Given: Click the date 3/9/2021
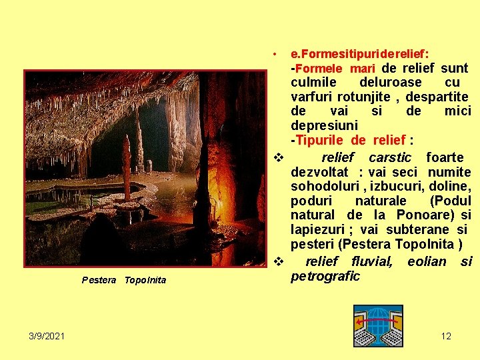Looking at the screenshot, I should tap(47, 336).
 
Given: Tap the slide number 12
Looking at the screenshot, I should tap(446, 336).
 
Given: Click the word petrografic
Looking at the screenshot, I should tap(325, 276).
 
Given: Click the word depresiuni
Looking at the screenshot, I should tap(324, 125).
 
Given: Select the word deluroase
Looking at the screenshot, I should tap(391, 82).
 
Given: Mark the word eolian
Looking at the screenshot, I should tap(427, 261).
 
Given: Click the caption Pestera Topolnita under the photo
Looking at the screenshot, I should tap(124, 280).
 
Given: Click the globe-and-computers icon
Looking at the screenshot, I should tap(378, 325).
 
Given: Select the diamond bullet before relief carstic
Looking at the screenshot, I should tap(279, 158).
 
